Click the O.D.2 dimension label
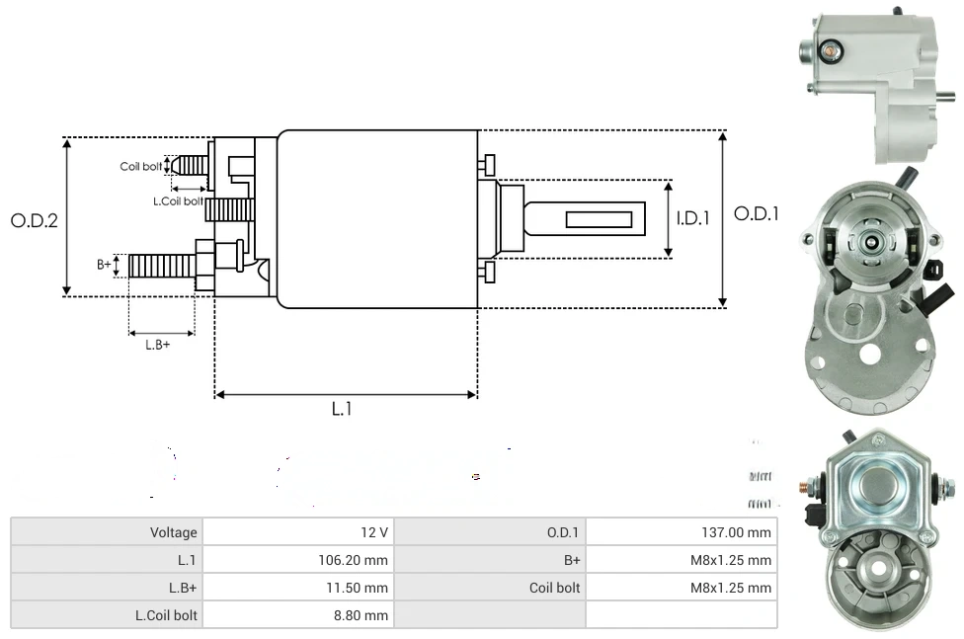(x=34, y=219)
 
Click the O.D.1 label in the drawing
(x=756, y=213)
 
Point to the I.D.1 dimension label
(x=692, y=218)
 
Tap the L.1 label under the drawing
(x=341, y=409)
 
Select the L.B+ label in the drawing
(x=157, y=345)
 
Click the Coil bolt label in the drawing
(x=140, y=166)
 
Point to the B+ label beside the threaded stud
(x=104, y=264)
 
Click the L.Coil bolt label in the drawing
(x=178, y=200)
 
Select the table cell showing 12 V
(x=297, y=532)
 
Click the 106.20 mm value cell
(x=297, y=560)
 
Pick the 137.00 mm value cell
(x=682, y=532)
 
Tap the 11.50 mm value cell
(x=297, y=588)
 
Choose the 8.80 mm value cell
(x=297, y=615)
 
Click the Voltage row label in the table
(x=107, y=532)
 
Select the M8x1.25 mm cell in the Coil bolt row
(x=682, y=588)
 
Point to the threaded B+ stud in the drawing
(x=163, y=265)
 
